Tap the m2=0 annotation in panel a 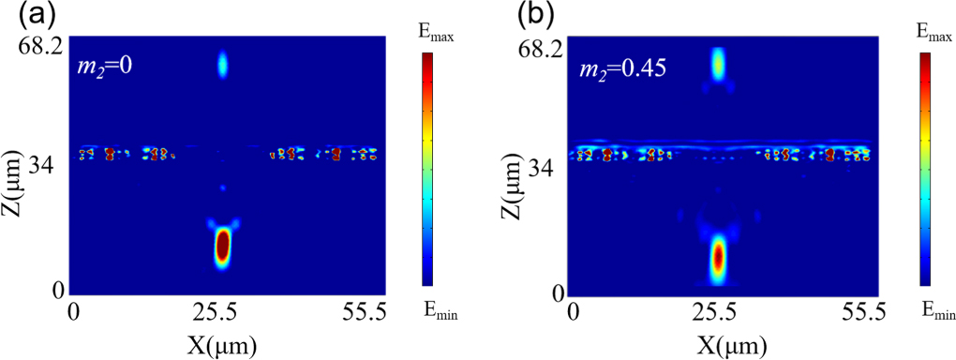point(106,67)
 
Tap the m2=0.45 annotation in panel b point(617,68)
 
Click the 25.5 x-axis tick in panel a point(222,310)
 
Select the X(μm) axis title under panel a point(221,342)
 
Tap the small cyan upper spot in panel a point(223,64)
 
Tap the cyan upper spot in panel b point(718,63)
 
